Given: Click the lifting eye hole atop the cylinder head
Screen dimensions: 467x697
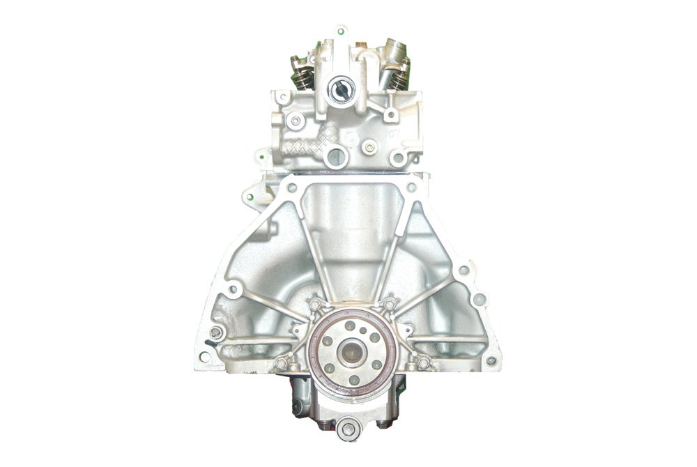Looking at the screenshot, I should [339, 31].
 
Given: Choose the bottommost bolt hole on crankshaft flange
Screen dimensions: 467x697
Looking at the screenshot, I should [354, 380].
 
